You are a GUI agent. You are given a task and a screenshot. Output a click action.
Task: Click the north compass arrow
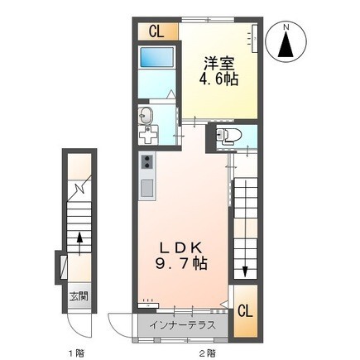286,45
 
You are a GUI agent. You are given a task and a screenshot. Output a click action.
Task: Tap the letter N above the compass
286,24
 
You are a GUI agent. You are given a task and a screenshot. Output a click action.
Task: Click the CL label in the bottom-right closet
245,311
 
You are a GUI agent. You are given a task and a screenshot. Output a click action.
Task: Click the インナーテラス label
185,324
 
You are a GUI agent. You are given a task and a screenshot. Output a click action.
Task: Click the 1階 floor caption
76,352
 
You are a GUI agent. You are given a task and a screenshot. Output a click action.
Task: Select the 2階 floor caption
207,352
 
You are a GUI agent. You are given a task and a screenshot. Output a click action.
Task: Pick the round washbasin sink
147,113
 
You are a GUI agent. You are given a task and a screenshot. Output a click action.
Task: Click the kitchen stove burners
148,161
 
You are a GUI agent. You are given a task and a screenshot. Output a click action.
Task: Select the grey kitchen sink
147,188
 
